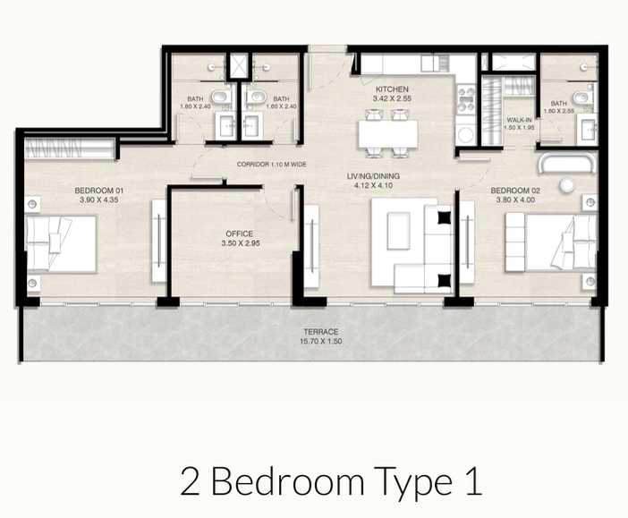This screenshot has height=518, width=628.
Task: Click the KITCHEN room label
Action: click(x=392, y=89)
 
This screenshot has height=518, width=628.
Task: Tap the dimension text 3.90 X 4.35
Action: click(x=99, y=200)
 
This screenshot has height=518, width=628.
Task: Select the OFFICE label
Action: click(x=239, y=234)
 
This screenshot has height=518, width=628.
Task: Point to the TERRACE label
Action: click(x=320, y=332)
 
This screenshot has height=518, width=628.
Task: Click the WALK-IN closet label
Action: click(x=519, y=120)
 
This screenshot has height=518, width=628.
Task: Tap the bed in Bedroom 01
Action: click(x=61, y=244)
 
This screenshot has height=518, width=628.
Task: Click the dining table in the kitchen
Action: click(x=388, y=134)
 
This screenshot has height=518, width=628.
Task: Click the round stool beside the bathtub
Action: click(x=567, y=184)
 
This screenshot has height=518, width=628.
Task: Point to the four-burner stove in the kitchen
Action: click(x=466, y=99)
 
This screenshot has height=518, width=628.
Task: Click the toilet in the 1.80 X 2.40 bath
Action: click(x=220, y=96)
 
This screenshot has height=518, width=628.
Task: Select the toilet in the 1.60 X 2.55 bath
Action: click(x=581, y=97)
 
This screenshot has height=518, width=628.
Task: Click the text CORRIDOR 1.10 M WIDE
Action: click(x=272, y=165)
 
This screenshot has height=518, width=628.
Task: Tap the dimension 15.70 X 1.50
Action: click(x=321, y=342)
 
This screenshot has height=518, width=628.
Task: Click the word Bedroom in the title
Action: click(x=287, y=480)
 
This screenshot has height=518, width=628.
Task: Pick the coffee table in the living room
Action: click(x=398, y=231)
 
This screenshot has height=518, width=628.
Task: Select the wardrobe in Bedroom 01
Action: click(x=69, y=149)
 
